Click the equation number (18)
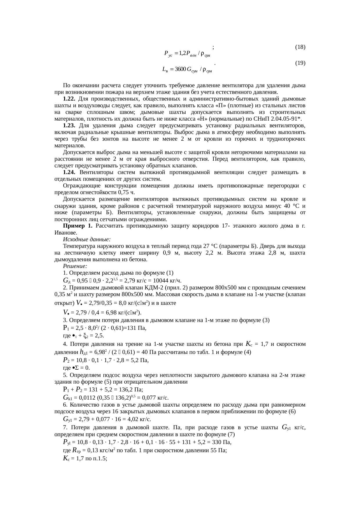300,47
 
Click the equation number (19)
300,63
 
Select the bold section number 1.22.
69,99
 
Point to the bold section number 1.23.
69,126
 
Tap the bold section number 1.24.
69,173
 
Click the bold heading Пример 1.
78,226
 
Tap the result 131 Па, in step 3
136,328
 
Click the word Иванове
66,233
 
